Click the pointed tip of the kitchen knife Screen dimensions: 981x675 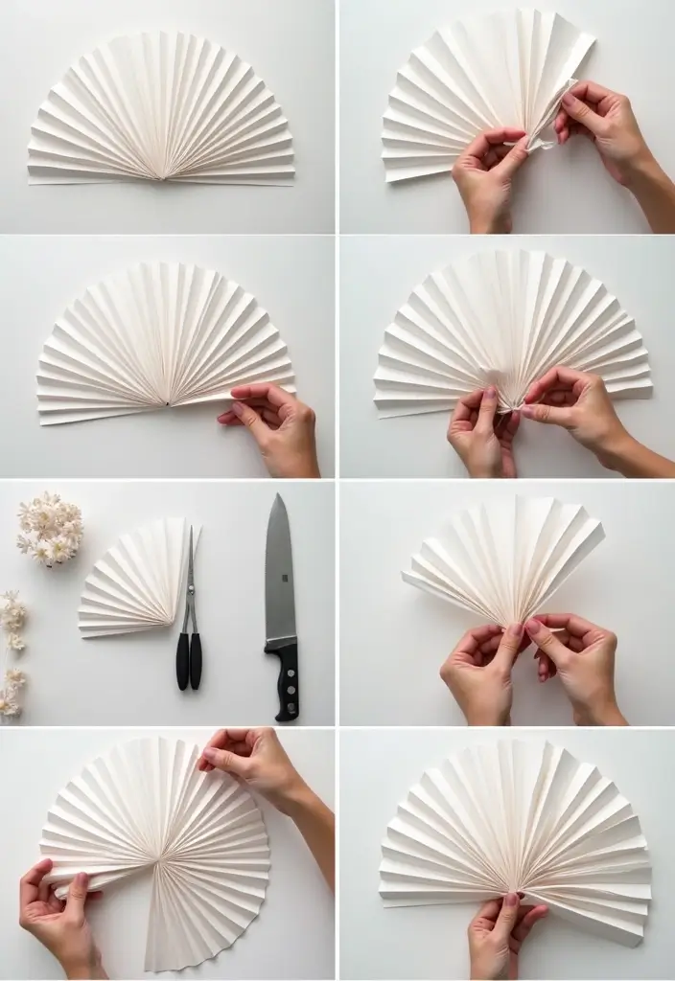tap(277, 495)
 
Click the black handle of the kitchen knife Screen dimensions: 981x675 tap(286, 681)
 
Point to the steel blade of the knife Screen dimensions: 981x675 tap(279, 575)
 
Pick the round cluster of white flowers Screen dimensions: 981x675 tap(50, 528)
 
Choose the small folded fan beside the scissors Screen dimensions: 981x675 tap(134, 581)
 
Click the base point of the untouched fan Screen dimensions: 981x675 tap(162, 177)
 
